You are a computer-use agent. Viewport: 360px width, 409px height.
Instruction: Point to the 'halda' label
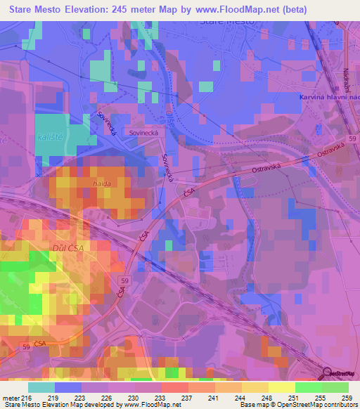[x=102, y=183]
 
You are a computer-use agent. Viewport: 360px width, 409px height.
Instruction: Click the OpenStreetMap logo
[x=339, y=373]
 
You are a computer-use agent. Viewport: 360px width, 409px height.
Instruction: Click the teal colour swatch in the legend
[x=41, y=387]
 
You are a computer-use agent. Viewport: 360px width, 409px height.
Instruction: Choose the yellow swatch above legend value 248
[x=255, y=387]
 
